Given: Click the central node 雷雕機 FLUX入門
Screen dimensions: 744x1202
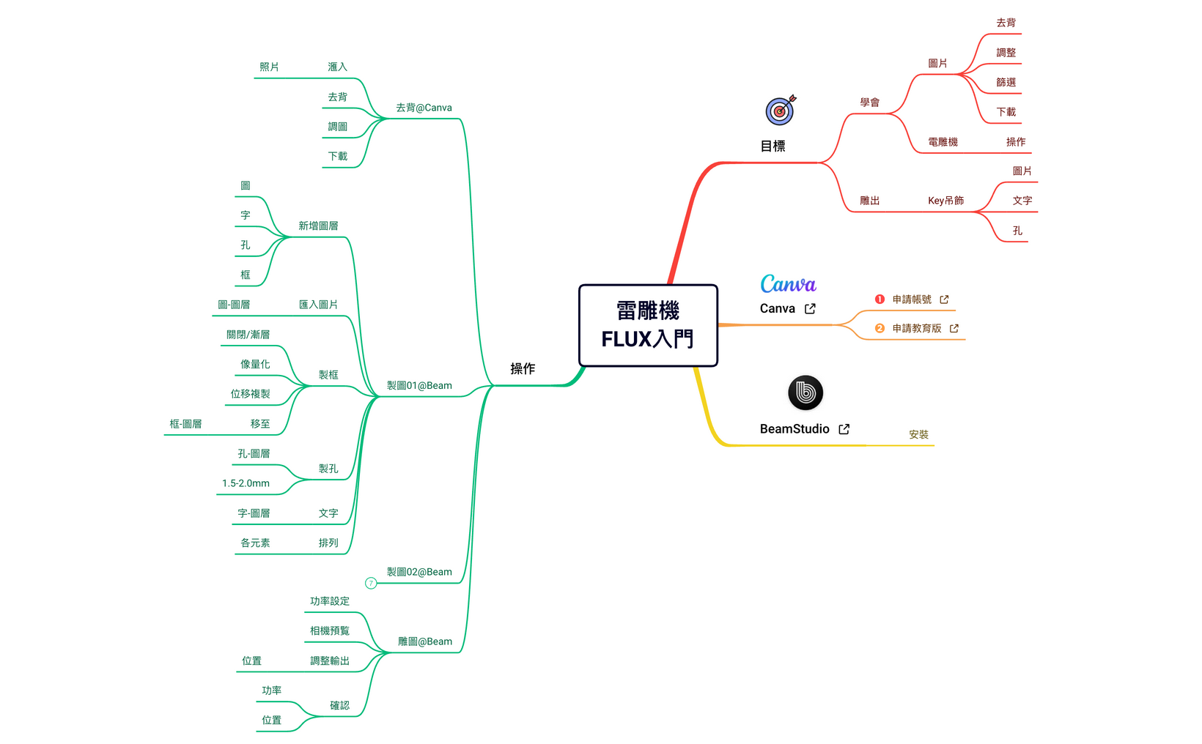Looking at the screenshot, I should (x=648, y=325).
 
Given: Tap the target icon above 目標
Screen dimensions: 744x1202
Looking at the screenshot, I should (x=780, y=111).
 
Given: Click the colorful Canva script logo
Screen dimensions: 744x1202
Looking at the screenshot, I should (x=788, y=284).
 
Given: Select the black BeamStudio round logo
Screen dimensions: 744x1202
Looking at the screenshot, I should (x=805, y=393).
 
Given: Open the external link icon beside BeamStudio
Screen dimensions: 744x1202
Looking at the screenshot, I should (x=844, y=429).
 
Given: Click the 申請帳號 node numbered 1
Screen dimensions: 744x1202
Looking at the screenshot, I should (x=912, y=300).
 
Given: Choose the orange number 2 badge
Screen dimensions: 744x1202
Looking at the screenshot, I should (x=880, y=329).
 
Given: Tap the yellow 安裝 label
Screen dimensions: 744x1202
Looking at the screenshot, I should (x=918, y=434).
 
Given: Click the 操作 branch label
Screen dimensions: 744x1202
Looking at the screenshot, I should (x=523, y=368).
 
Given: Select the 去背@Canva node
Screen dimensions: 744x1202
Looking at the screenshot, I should (x=424, y=108).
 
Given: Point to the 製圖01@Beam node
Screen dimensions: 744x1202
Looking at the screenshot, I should (x=419, y=386).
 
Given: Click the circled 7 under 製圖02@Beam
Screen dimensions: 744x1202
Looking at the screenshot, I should (x=371, y=584).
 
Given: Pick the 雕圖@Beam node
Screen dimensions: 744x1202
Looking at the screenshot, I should (x=425, y=641).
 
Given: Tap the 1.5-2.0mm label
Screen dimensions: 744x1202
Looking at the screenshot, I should (x=246, y=483).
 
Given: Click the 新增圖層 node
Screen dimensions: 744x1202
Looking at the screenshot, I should (x=318, y=226).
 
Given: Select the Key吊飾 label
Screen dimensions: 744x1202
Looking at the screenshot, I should (x=945, y=201).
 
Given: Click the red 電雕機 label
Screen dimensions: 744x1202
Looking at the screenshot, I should (x=943, y=142).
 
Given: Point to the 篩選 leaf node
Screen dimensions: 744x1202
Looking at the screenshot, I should (x=1006, y=83).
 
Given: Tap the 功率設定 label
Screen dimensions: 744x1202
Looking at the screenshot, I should (x=329, y=601).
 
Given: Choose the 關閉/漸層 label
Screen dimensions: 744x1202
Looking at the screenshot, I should (x=248, y=335).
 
